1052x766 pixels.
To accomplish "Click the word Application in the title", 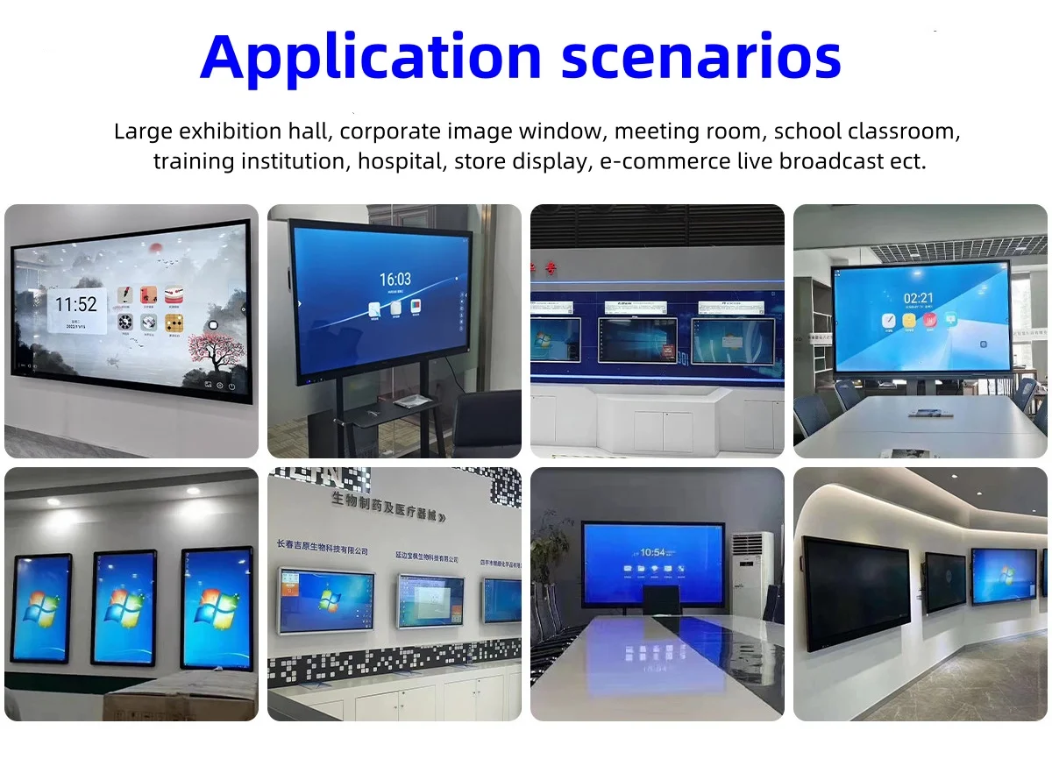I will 372,57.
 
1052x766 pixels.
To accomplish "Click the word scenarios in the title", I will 701,57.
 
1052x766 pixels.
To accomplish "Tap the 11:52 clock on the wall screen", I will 75,305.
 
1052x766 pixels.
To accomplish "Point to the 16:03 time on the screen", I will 394,280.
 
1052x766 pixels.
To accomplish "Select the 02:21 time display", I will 917,299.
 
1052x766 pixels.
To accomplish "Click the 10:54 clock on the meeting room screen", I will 653,552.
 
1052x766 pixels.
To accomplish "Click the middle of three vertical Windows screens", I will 124,607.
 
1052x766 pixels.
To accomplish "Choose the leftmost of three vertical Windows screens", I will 40,607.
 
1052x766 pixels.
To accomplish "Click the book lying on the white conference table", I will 930,413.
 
